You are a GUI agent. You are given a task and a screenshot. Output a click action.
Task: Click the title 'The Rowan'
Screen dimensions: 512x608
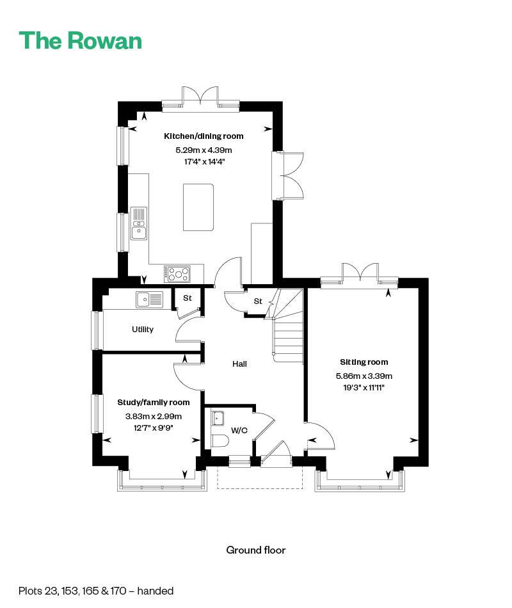point(80,41)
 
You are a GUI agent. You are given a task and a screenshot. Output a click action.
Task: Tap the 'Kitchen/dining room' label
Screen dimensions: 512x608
point(204,136)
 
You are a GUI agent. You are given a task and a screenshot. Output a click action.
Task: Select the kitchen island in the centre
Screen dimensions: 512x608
point(198,207)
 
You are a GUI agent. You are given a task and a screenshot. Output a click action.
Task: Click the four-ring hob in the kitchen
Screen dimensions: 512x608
point(177,274)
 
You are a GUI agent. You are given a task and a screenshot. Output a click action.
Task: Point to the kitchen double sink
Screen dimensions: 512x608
point(138,223)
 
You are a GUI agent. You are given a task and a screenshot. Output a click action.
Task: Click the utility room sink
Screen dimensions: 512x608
point(149,300)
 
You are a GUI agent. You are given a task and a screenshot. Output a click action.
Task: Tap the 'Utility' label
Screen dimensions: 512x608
point(143,329)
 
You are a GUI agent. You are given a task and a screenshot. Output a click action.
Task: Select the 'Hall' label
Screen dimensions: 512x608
point(239,364)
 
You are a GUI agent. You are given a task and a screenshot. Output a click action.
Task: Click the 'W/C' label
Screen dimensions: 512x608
point(239,431)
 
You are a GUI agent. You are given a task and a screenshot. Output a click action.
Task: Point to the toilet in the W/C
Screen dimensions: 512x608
point(220,441)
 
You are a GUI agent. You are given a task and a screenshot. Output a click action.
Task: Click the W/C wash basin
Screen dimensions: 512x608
point(218,419)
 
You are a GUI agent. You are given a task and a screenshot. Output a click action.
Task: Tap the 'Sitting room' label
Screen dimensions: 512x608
point(364,362)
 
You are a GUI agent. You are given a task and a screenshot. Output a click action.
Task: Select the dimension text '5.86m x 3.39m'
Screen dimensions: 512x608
point(364,376)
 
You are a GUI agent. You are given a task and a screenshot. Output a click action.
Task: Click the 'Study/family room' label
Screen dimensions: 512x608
point(154,403)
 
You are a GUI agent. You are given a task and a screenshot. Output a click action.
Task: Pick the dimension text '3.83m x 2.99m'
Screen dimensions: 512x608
point(154,417)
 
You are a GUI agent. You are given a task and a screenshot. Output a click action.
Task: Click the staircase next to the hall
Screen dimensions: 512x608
point(288,326)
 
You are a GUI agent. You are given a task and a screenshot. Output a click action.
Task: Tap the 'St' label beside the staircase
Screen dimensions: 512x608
point(258,301)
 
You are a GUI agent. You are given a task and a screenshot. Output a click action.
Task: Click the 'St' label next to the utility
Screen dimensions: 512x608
point(188,298)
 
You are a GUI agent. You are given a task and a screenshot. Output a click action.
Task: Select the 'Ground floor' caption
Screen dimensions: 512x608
point(256,550)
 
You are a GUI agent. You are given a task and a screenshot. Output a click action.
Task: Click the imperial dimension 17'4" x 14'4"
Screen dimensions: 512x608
point(204,162)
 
